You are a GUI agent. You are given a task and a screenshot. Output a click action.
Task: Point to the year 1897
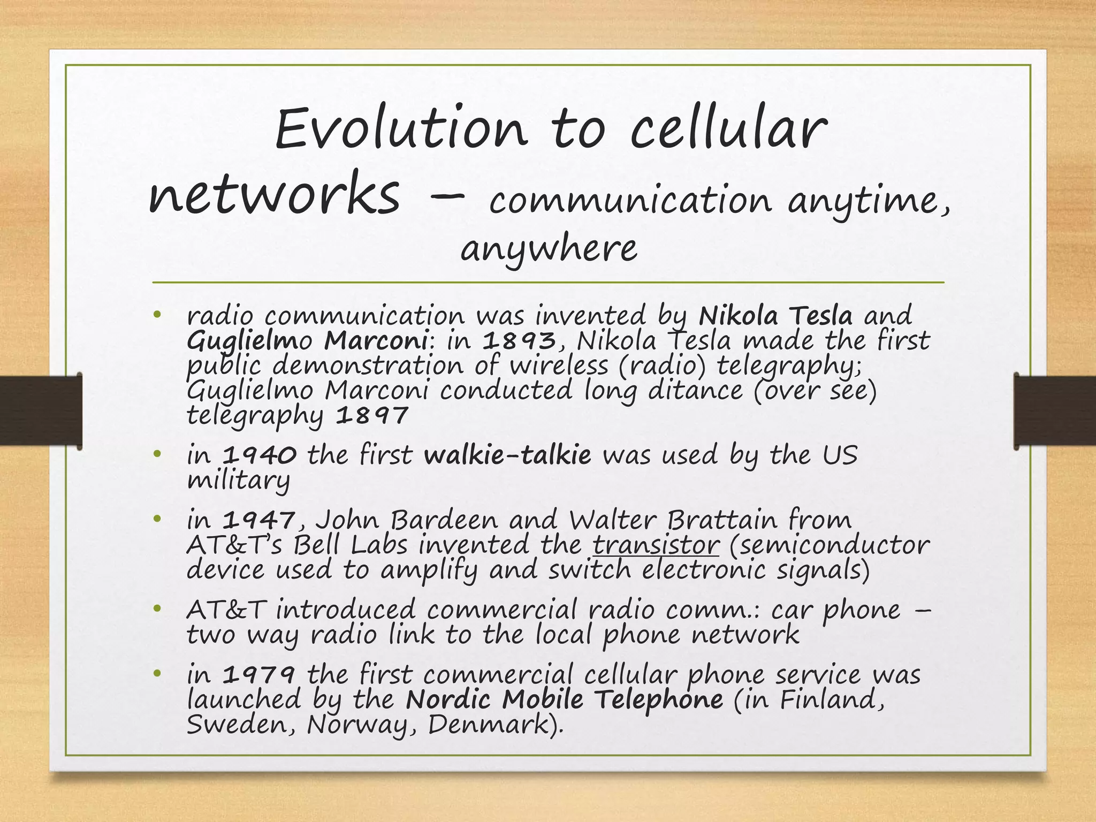(x=372, y=415)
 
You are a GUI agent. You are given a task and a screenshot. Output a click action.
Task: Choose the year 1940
(x=259, y=455)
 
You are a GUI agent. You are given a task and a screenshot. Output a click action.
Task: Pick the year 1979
(x=258, y=674)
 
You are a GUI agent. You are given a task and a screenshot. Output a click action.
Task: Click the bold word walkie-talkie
(x=507, y=455)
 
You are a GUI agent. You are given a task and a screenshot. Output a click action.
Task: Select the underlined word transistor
(x=656, y=545)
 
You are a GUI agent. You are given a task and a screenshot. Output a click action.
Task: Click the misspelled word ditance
(x=696, y=390)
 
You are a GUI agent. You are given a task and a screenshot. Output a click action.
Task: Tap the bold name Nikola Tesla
(x=775, y=316)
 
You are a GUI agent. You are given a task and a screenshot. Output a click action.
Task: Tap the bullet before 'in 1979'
(x=157, y=674)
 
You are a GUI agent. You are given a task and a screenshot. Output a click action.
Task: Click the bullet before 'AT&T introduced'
(x=157, y=610)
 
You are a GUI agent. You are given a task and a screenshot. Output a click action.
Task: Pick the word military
(x=238, y=480)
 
